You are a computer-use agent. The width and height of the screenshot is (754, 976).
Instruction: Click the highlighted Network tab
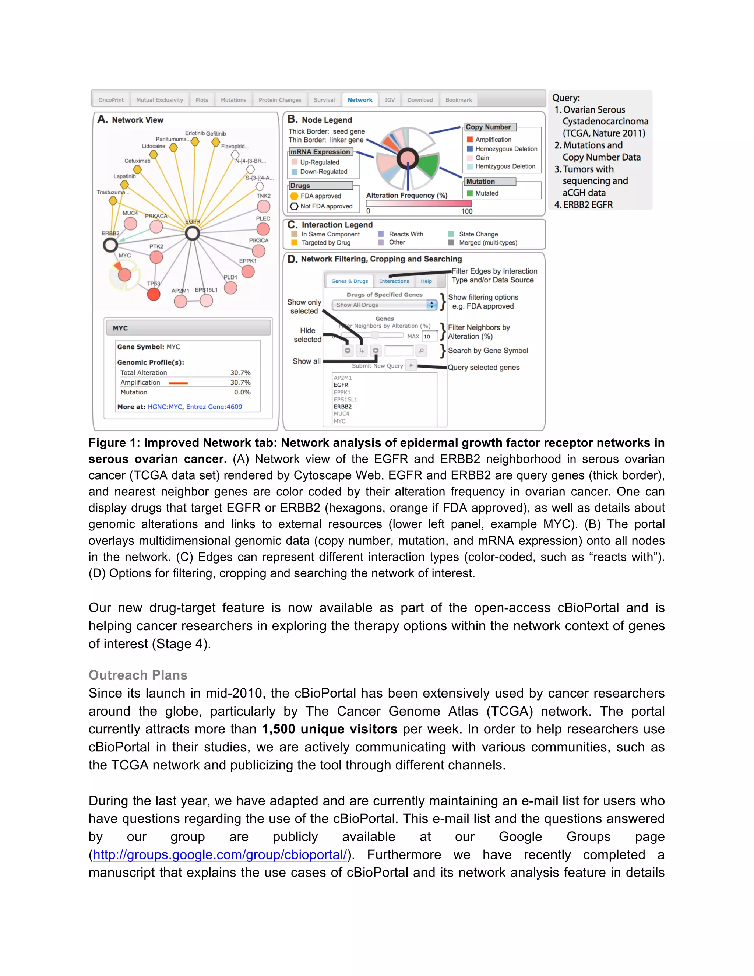coord(360,100)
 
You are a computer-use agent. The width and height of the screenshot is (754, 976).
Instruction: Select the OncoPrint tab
coord(111,100)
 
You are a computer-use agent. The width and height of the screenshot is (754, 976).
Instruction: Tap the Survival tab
coord(324,100)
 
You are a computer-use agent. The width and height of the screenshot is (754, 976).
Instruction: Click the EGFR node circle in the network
coord(193,233)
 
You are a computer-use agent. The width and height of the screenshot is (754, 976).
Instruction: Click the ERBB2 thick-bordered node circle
coord(110,245)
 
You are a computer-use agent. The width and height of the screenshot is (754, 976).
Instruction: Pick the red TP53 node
coord(154,295)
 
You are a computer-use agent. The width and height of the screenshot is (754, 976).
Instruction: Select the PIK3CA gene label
coord(258,241)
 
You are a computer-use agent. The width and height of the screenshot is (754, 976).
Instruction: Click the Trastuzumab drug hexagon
coord(113,201)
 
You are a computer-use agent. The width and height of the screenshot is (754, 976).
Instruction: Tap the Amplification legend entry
coord(493,140)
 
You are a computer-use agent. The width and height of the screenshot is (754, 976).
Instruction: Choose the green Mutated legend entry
coord(486,193)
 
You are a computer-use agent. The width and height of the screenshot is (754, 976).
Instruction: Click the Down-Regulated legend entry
coord(323,172)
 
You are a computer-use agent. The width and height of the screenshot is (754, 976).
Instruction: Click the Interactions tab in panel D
coord(394,281)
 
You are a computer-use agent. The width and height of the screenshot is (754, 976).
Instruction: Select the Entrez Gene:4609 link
coord(214,407)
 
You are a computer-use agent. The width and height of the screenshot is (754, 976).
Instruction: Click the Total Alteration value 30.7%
coord(240,373)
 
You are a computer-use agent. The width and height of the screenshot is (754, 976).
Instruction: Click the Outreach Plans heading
coord(138,675)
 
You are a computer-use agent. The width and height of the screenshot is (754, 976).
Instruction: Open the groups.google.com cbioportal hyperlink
coord(220,854)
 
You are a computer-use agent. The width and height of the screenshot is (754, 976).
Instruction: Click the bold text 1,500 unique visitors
coord(329,729)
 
